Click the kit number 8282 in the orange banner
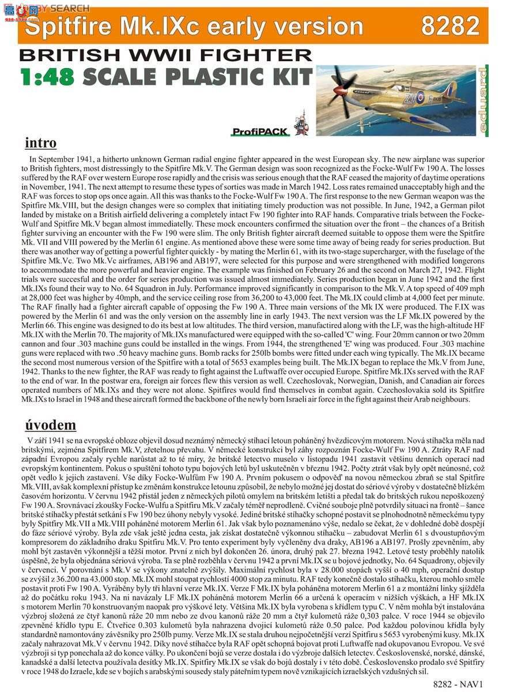point(450,26)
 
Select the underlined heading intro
point(41,142)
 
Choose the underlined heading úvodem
point(50,425)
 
